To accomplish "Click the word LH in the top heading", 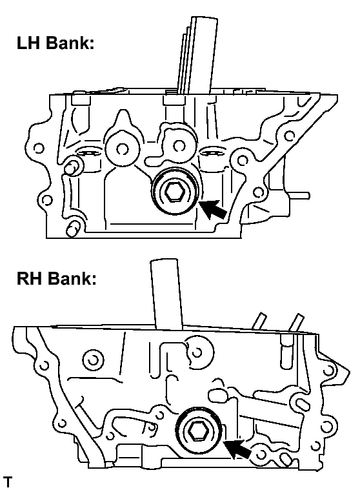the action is point(28,43).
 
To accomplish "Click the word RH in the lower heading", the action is point(29,278).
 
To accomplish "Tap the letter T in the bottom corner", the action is point(8,482).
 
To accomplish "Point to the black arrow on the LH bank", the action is point(214,209).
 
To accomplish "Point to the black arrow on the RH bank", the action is point(237,449).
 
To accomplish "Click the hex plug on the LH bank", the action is point(175,192).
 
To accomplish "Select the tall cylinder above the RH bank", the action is point(166,294).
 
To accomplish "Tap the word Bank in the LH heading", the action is point(69,43).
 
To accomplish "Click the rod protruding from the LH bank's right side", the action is point(299,196).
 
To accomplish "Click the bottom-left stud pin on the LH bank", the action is point(74,229).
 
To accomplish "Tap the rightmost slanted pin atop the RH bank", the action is point(296,323).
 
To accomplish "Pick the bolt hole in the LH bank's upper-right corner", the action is point(290,136).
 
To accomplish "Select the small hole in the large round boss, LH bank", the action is point(123,148).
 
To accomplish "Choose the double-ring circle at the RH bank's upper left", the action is point(94,360).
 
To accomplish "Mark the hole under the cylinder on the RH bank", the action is point(197,352).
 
